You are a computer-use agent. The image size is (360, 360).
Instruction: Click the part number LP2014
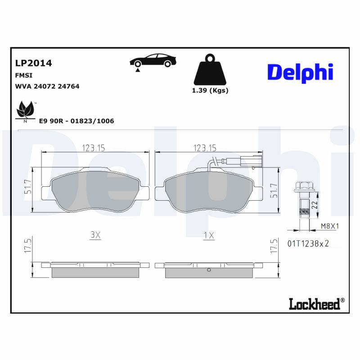(x=33, y=63)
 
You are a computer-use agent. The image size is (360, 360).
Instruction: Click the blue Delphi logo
(x=300, y=72)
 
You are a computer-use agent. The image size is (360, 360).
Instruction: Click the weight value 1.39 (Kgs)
(x=210, y=90)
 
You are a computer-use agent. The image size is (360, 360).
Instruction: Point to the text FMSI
(x=23, y=76)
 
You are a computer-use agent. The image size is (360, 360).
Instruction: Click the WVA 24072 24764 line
(x=47, y=86)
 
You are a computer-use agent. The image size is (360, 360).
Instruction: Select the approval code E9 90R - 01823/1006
(x=76, y=121)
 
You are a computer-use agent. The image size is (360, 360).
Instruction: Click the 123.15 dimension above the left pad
(x=94, y=148)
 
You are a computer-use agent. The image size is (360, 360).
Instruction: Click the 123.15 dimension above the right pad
(x=205, y=148)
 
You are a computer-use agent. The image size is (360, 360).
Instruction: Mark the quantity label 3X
(x=95, y=235)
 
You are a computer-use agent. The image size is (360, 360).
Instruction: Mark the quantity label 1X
(x=208, y=235)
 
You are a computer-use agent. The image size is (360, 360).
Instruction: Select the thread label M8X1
(x=329, y=227)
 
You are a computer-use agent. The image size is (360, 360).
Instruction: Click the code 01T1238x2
(x=308, y=243)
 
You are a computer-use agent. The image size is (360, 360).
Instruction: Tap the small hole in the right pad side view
(x=209, y=270)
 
